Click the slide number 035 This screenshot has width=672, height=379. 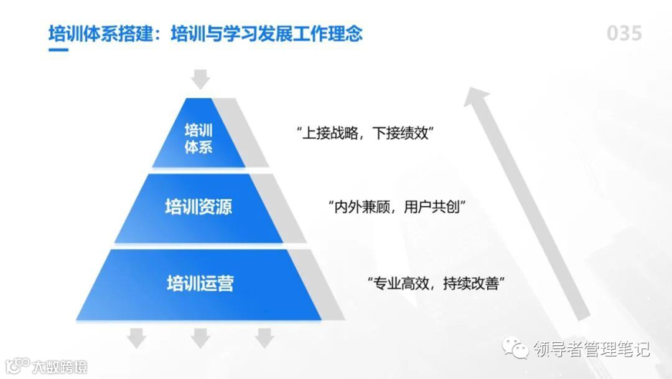(x=624, y=33)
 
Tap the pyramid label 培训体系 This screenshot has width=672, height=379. (x=198, y=138)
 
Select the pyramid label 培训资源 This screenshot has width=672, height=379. (x=198, y=206)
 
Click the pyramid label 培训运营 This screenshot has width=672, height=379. (x=200, y=284)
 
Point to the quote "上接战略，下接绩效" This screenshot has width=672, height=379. (x=364, y=133)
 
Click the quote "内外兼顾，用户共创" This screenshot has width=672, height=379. (x=397, y=206)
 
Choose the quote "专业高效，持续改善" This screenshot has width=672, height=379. (x=435, y=284)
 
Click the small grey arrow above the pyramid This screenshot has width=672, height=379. (x=200, y=79)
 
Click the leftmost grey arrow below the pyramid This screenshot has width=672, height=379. (x=136, y=337)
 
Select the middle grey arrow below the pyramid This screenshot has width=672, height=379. (x=200, y=337)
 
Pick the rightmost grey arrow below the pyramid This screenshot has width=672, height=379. (x=264, y=337)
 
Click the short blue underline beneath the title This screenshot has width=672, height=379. (x=58, y=49)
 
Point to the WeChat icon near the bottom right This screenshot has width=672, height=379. (x=516, y=348)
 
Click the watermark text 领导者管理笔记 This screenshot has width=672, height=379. (x=591, y=349)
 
